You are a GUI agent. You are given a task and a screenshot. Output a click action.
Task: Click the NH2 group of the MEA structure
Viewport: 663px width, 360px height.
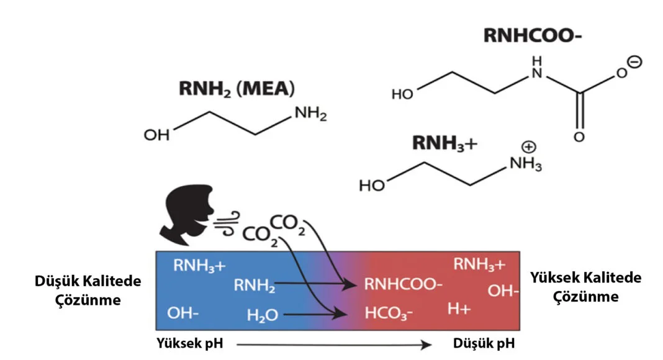tap(310, 114)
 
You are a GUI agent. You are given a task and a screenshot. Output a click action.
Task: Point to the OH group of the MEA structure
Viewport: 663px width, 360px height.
tap(156, 135)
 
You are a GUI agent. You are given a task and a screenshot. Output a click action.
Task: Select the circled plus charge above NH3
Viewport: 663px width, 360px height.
tap(529, 147)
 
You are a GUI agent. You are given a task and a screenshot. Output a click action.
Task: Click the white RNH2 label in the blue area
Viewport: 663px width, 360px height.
tap(255, 286)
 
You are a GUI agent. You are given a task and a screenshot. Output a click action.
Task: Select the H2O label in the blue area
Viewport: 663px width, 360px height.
tap(262, 315)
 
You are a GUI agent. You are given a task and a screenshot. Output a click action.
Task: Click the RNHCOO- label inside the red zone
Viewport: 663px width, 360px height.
tap(403, 285)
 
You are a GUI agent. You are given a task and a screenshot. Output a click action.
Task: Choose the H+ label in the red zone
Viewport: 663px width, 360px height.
tap(459, 308)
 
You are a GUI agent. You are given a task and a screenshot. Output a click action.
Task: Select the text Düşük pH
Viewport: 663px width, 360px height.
tap(483, 343)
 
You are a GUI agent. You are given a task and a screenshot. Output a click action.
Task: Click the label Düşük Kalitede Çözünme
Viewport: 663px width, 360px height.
tap(87, 290)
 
